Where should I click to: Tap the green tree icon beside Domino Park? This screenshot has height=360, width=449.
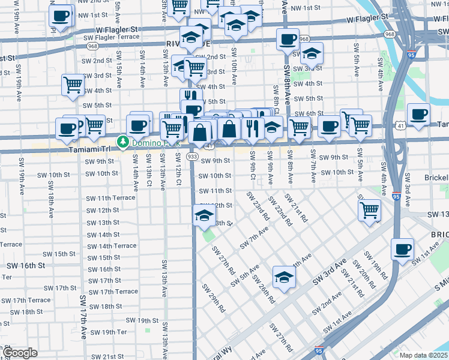[123, 142]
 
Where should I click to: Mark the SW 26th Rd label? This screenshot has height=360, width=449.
[264, 289]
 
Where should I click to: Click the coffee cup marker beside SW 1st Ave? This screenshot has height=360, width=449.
[402, 248]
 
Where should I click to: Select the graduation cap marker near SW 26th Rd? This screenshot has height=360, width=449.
[284, 277]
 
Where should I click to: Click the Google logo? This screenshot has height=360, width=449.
[20, 353]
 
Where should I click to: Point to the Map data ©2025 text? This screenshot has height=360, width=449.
[423, 355]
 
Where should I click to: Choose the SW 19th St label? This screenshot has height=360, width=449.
[143, 321]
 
